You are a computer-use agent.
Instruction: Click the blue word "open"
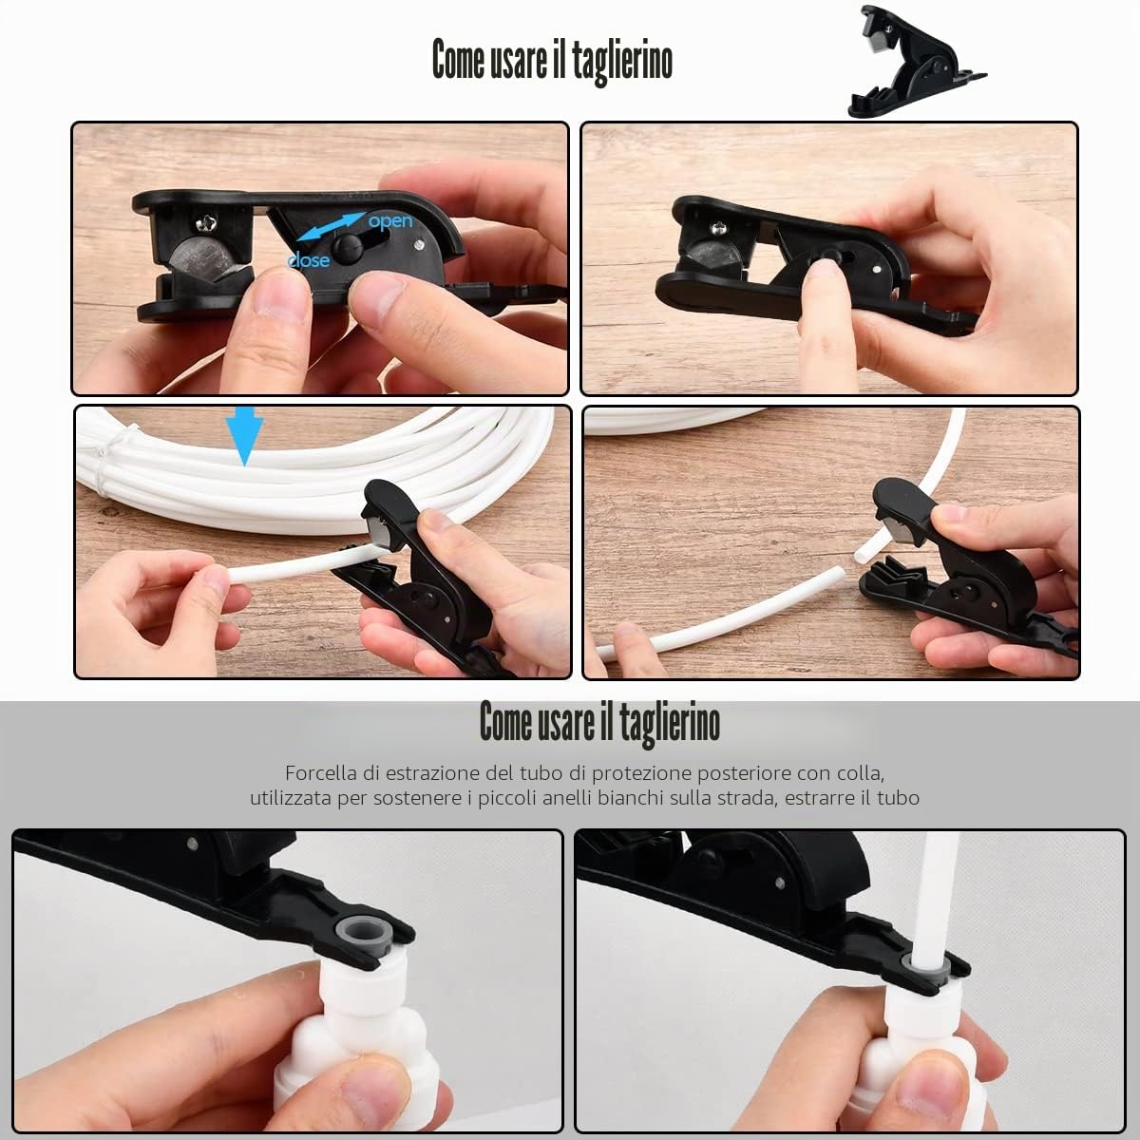pos(390,221)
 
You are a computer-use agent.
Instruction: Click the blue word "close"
pos(308,260)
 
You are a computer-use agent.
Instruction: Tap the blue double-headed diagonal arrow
pos(329,227)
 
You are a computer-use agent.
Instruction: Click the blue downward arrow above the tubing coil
pos(244,435)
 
